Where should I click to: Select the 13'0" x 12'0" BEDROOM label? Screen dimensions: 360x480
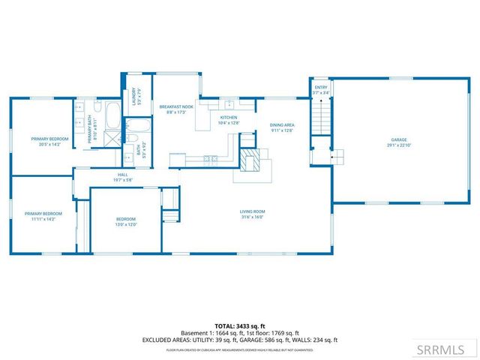pyautogui.click(x=125, y=221)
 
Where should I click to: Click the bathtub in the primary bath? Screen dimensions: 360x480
pyautogui.click(x=113, y=117)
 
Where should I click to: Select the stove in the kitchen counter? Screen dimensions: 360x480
pyautogui.click(x=211, y=158)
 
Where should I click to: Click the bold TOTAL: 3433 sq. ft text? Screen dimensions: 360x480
pyautogui.click(x=239, y=326)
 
